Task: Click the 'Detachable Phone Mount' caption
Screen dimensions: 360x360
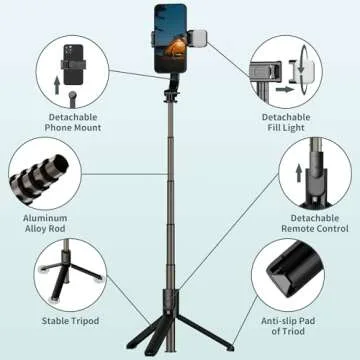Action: point(74,122)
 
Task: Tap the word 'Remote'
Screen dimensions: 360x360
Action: point(307,229)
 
